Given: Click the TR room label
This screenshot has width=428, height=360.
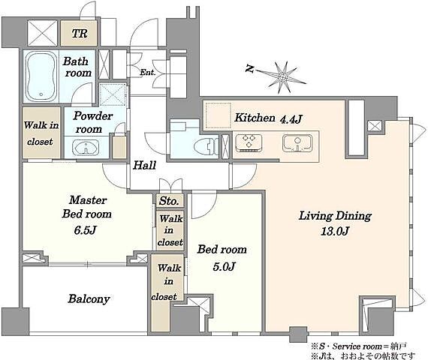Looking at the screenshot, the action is (80, 34).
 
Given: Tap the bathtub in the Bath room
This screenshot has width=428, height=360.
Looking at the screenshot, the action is (41, 76).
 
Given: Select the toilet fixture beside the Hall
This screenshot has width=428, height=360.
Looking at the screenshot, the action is (206, 146).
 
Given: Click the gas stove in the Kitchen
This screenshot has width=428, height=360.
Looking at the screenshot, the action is (249, 142).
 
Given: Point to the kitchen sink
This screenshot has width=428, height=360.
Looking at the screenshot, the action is (297, 143).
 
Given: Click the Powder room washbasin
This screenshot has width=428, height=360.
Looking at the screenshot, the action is (86, 148).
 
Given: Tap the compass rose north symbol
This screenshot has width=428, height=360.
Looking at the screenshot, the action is (282, 77).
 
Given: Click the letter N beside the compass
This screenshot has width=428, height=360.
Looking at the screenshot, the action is (249, 68).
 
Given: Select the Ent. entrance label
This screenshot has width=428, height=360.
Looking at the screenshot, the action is (148, 73).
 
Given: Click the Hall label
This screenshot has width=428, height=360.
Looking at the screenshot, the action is (144, 165).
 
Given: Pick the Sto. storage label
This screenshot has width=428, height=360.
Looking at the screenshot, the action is (169, 201).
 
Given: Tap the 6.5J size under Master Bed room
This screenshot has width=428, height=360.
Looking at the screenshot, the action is (86, 230).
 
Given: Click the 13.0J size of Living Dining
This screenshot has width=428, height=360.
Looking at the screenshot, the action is (335, 231).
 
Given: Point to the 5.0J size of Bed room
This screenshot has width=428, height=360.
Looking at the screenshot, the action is (224, 266).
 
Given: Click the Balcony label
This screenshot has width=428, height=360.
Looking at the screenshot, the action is (89, 299).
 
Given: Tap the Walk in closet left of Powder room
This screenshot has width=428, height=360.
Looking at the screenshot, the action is (41, 133).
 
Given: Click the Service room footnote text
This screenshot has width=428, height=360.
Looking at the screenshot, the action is (359, 346).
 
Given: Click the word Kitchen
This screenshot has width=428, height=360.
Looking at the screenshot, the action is (255, 118).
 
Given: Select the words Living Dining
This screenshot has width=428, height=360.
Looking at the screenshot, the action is (335, 216).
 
